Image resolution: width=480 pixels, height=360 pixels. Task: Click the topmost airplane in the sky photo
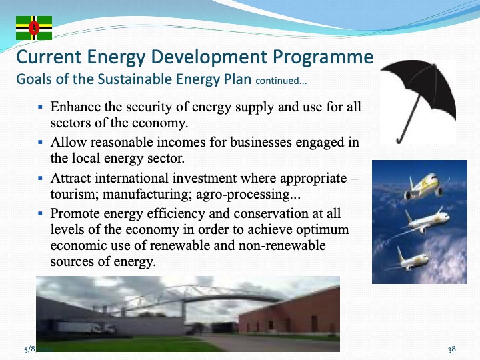pos(425,185)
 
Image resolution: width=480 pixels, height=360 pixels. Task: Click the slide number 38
pos(451,349)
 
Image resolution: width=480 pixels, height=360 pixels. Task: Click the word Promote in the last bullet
pos(75,215)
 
